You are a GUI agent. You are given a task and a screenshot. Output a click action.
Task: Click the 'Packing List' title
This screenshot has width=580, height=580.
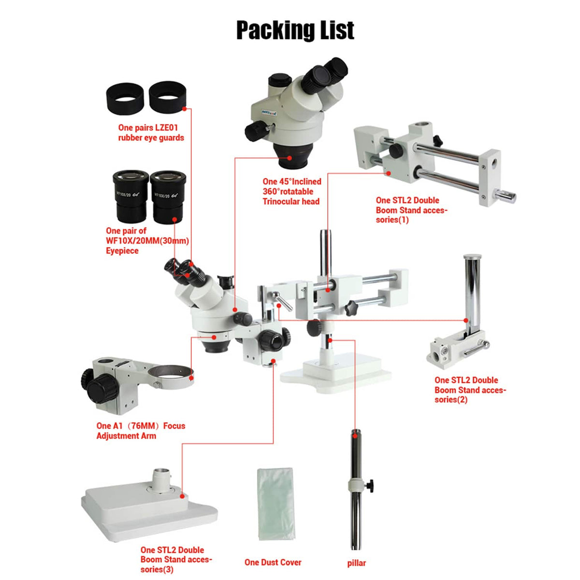tap(295, 30)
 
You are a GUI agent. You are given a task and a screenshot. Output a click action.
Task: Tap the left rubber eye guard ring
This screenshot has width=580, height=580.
tap(125, 99)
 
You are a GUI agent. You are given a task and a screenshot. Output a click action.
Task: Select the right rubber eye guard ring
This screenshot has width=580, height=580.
tap(167, 96)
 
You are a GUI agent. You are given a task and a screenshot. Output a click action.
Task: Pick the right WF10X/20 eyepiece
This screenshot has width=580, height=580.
tap(168, 196)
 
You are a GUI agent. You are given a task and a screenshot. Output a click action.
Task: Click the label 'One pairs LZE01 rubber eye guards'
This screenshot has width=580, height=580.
tap(151, 133)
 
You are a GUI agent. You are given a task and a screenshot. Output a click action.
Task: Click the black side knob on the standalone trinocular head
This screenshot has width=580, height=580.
tap(255, 130)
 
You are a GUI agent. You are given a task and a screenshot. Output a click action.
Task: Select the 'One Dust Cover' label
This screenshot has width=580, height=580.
tap(273, 562)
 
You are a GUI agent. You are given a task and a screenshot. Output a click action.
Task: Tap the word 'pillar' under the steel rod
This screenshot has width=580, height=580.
tap(356, 563)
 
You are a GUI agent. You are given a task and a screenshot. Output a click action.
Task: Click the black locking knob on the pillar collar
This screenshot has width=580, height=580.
tap(370, 484)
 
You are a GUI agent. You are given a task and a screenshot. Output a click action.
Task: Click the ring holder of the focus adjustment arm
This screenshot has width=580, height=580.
tap(171, 377)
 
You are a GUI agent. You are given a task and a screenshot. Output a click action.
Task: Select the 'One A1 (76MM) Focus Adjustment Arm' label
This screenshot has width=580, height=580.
tap(141, 431)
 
